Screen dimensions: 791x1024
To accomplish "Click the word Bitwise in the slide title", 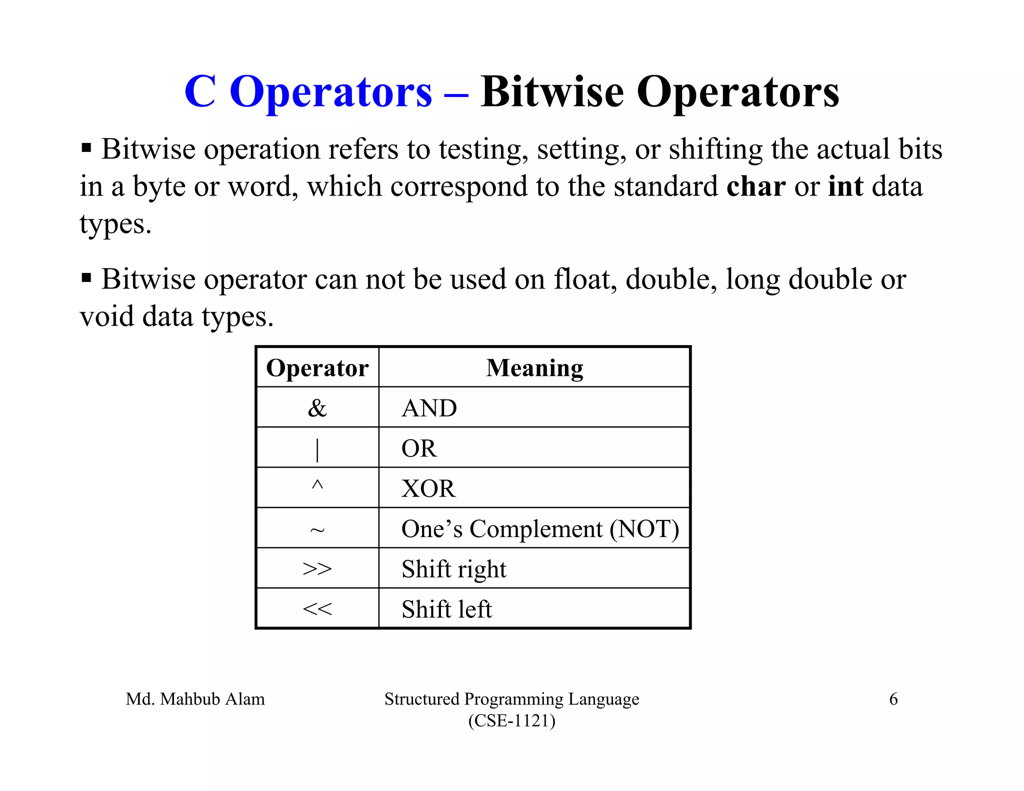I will (x=552, y=92).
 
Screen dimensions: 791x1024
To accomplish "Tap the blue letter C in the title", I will (x=200, y=92).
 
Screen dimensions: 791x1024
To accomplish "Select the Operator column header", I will (x=317, y=368).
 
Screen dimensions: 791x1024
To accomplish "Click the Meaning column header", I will (x=534, y=368).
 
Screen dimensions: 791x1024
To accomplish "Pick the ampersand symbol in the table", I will (x=317, y=408).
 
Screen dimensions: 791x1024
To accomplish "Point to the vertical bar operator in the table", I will (x=317, y=449).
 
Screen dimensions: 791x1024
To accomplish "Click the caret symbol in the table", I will (x=317, y=485).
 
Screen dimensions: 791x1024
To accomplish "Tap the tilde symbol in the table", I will (x=317, y=530).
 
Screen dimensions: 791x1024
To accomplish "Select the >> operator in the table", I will (x=317, y=569).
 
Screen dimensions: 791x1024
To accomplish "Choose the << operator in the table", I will (x=317, y=609).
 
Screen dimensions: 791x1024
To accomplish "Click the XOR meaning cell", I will (x=428, y=488).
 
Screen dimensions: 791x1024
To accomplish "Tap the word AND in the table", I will (x=429, y=408).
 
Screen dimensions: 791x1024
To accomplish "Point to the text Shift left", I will (x=446, y=609).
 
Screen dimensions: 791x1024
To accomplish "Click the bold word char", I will (x=755, y=186).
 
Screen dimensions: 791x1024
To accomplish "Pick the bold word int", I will (x=845, y=186).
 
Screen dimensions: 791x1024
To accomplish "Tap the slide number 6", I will (x=893, y=699).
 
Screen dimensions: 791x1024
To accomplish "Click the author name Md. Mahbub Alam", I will (x=195, y=699).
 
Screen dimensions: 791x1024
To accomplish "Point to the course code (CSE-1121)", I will (x=511, y=721).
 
